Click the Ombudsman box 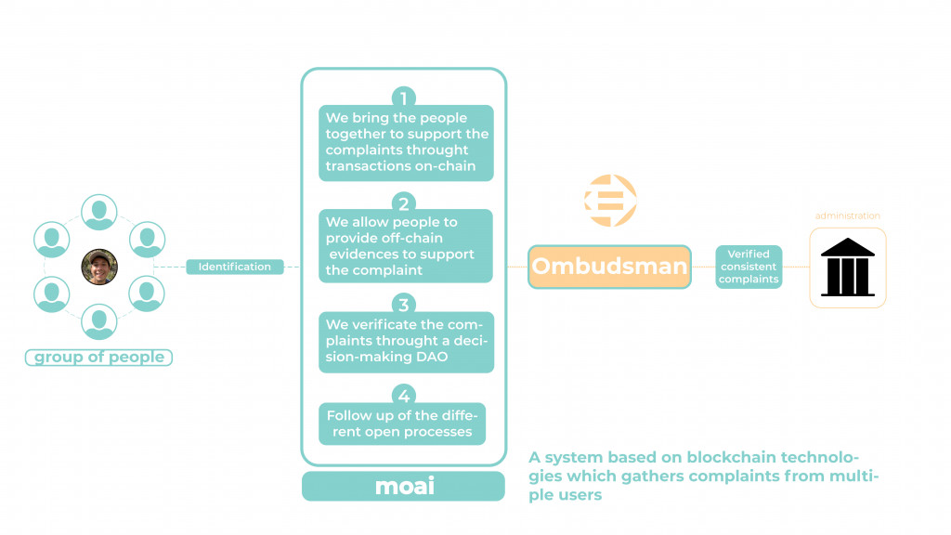609,267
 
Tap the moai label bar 404,486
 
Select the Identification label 234,267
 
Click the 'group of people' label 98,358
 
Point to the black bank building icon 847,267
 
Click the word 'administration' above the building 847,216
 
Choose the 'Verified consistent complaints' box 748,267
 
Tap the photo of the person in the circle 98,267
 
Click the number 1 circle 403,98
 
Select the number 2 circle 403,203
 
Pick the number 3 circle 403,305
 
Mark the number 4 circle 403,396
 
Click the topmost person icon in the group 98,212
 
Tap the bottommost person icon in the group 98,321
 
